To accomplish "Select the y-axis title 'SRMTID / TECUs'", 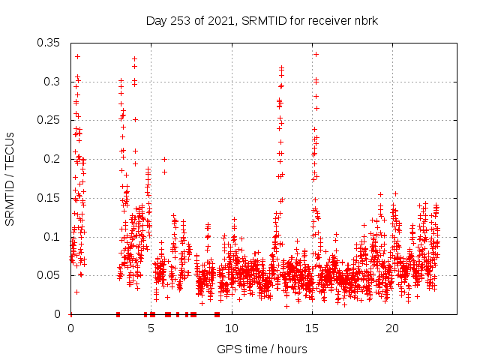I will point(10,178).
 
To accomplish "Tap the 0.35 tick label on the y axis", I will point(49,43).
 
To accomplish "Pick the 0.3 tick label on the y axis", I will point(52,82).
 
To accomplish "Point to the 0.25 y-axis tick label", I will point(49,120).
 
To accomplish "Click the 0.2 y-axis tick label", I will point(52,159).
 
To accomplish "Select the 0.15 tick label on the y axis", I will point(49,198).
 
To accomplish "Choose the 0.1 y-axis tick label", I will point(52,237).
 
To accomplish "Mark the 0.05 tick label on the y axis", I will point(49,275).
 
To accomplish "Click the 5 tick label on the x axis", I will point(151,328).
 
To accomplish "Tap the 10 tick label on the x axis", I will point(232,328).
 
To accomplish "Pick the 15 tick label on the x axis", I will point(312,328).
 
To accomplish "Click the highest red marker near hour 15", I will point(316,54).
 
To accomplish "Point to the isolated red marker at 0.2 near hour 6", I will point(164,159).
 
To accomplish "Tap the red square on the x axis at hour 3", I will point(118,314).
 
